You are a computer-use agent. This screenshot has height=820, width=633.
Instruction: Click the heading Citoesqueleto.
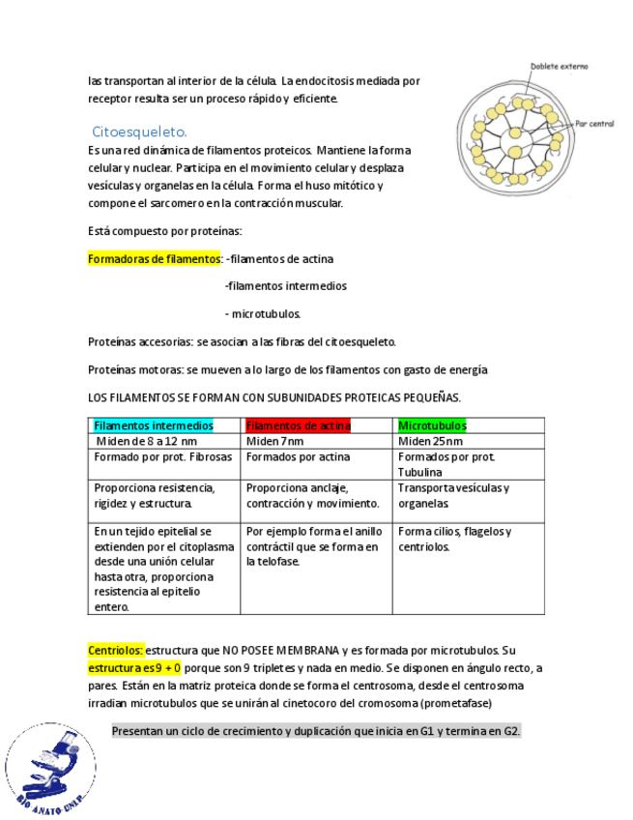click(139, 132)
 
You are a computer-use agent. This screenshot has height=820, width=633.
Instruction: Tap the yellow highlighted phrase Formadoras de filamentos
click(155, 259)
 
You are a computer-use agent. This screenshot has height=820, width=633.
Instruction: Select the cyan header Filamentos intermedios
click(153, 425)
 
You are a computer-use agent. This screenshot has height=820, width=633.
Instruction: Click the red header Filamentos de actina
click(299, 425)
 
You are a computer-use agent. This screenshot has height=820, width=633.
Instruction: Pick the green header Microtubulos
click(432, 425)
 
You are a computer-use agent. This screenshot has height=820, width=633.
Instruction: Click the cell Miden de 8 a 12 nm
click(146, 441)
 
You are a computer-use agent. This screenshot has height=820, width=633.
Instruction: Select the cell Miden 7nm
click(274, 441)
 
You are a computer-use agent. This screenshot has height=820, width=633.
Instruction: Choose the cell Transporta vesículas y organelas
click(453, 495)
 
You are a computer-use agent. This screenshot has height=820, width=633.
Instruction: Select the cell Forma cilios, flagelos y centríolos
click(454, 539)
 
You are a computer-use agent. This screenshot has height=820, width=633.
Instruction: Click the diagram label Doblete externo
click(559, 67)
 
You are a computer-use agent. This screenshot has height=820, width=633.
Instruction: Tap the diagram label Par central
click(593, 124)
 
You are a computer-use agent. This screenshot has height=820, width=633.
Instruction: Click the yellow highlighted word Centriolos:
click(115, 651)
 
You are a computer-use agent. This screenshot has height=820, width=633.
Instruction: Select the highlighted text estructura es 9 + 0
click(134, 668)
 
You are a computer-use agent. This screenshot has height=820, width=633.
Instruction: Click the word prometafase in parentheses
click(458, 702)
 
